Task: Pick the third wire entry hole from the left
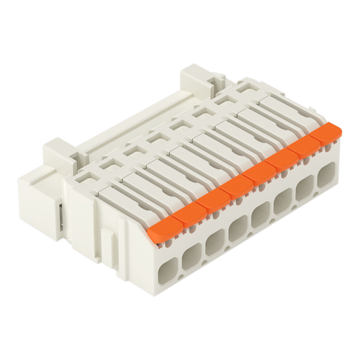tap(215, 240)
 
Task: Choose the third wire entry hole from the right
tap(283, 200)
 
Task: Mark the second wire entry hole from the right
tap(305, 186)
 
